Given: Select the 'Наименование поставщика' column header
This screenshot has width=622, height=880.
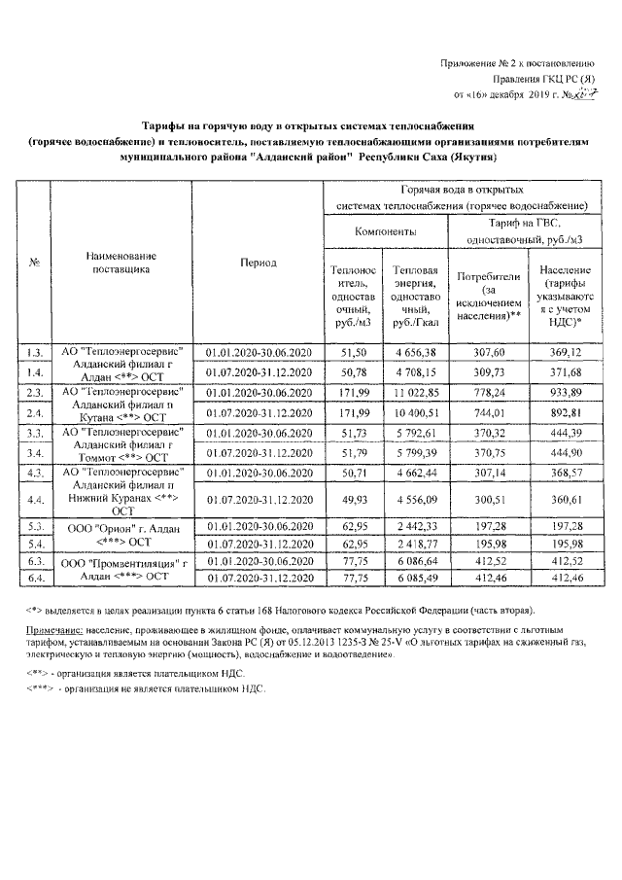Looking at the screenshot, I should [121, 263].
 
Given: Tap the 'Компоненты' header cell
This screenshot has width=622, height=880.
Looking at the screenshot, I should [386, 233].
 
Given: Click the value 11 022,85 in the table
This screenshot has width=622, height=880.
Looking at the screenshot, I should [416, 392].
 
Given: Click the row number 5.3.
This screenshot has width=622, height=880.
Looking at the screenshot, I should [36, 525].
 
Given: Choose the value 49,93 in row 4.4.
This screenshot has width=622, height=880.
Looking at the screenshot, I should [350, 500].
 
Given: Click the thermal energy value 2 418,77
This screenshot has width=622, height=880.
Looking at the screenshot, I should [416, 542].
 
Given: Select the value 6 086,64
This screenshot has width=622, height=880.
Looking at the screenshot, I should [416, 561].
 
